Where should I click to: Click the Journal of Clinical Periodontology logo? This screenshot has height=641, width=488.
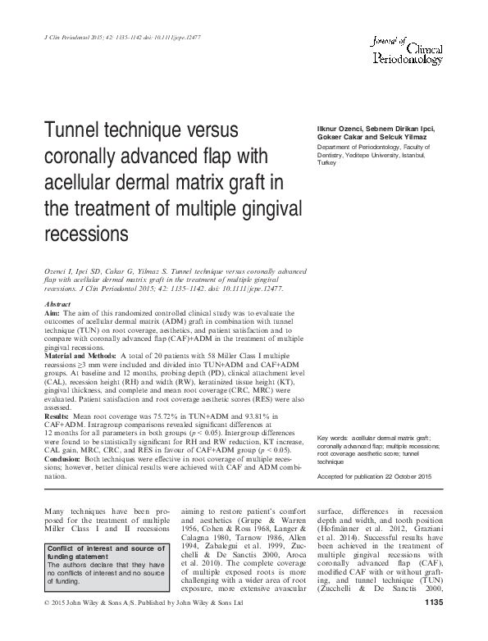tap(407, 51)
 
